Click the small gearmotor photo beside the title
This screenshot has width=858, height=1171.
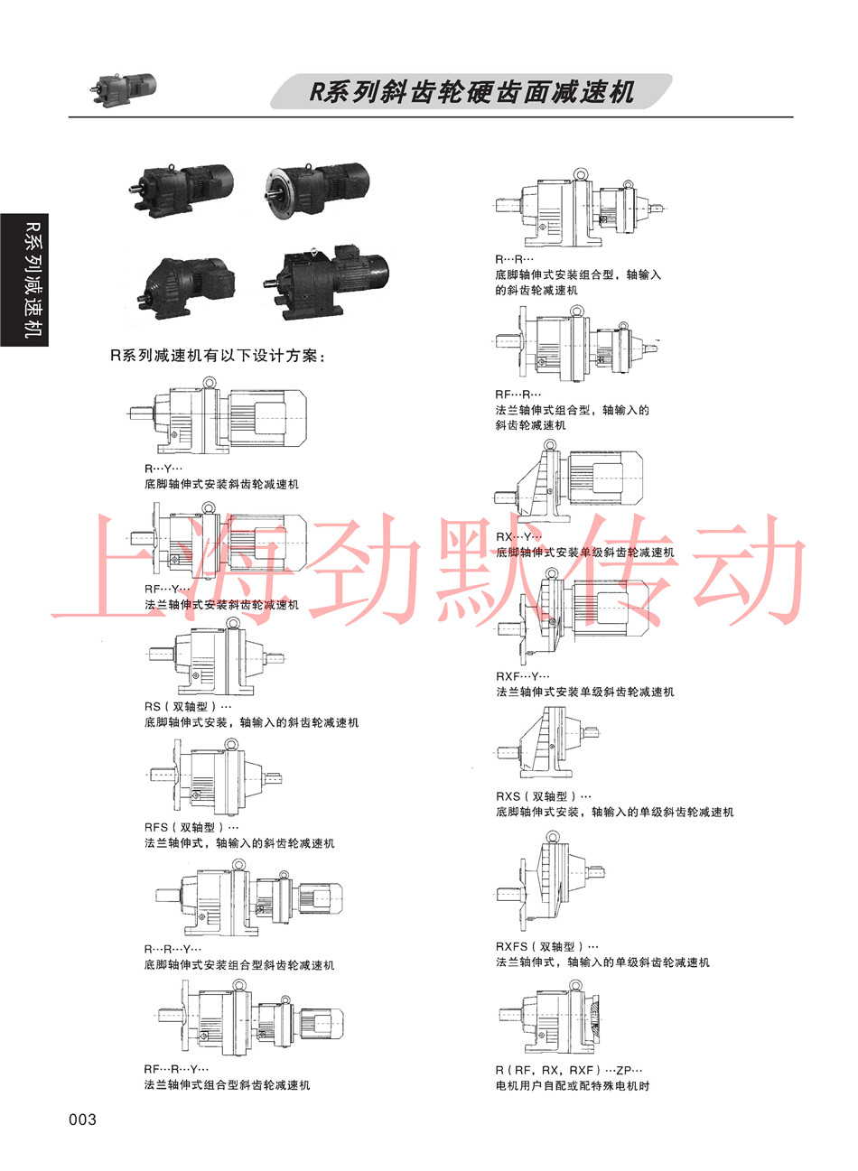[124, 89]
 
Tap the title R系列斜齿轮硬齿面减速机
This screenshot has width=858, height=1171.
[471, 92]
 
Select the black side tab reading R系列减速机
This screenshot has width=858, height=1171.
[24, 280]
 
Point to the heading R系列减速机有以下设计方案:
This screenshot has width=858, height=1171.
[218, 356]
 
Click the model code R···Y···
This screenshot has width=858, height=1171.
[163, 469]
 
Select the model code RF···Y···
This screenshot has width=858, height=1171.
[167, 589]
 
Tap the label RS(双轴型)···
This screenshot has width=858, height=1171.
[188, 706]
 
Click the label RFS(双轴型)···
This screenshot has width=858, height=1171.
[191, 827]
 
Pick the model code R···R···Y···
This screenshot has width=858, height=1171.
[173, 949]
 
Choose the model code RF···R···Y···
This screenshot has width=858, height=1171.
[177, 1069]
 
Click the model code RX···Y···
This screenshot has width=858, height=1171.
[518, 537]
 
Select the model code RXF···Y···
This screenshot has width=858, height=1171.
[522, 676]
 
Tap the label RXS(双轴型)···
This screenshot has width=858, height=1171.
[543, 796]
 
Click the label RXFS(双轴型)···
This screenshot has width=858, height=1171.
[547, 946]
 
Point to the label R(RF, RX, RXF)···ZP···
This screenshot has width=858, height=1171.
[569, 1070]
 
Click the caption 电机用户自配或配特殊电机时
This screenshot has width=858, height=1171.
[573, 1086]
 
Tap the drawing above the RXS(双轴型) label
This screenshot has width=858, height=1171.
[547, 742]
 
